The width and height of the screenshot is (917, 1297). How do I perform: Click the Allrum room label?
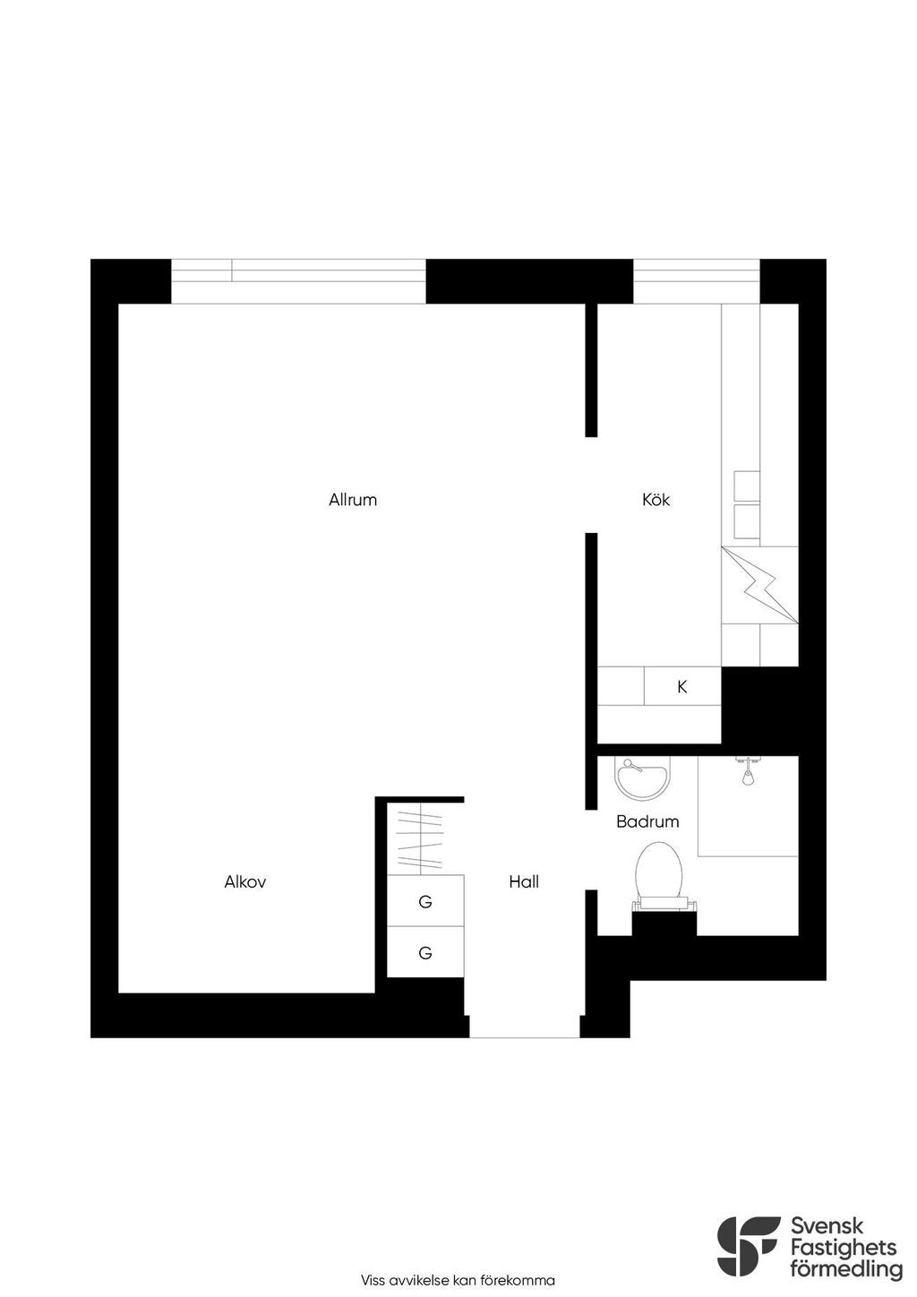pos(353,500)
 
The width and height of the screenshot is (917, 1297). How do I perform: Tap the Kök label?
pos(656,500)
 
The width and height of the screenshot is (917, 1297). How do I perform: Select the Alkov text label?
pos(244,882)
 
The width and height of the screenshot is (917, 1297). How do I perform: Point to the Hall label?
pos(524,882)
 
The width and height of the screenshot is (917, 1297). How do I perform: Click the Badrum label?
pos(647,821)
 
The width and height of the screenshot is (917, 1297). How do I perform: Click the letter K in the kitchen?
pos(682,687)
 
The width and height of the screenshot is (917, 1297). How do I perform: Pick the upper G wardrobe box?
pos(425,900)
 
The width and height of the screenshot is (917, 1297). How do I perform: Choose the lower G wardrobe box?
pos(425,952)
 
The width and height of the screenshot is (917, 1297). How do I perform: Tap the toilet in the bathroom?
pos(661,880)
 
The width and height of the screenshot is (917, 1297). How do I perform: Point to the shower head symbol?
pos(749,770)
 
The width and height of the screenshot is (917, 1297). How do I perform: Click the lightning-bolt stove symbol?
pos(759,584)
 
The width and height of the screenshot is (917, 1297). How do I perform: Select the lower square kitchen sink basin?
pos(747,521)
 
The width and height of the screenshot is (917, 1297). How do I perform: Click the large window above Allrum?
pos(299,281)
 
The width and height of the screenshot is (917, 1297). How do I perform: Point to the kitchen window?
pos(697,281)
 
